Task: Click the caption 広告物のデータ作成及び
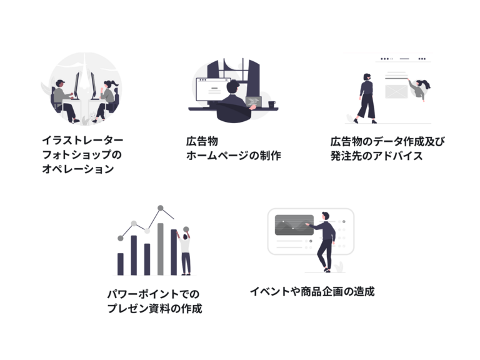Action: pyautogui.click(x=387, y=141)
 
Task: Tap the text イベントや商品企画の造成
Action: pyautogui.click(x=312, y=291)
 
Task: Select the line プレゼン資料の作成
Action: pyautogui.click(x=154, y=308)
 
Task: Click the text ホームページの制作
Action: pyautogui.click(x=233, y=156)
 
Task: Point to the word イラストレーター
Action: pyautogui.click(x=82, y=140)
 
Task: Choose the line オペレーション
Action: pyautogui.click(x=78, y=169)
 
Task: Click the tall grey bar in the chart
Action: pyautogui.click(x=161, y=249)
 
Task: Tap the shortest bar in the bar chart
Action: pyautogui.click(x=121, y=264)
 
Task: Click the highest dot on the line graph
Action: pyautogui.click(x=161, y=208)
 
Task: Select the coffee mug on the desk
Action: pyautogui.click(x=272, y=104)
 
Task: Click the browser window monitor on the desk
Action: pyautogui.click(x=213, y=89)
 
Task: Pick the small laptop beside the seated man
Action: pyautogui.click(x=254, y=102)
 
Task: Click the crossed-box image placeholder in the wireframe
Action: pyautogui.click(x=396, y=91)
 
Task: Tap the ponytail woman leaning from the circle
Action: pyautogui.click(x=419, y=89)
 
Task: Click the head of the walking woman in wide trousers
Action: pyautogui.click(x=367, y=76)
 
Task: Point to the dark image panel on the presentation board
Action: pyautogui.click(x=294, y=225)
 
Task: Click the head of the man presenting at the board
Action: pyautogui.click(x=326, y=216)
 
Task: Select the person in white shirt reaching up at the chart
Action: pyautogui.click(x=184, y=252)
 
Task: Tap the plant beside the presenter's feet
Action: pyautogui.click(x=339, y=267)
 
